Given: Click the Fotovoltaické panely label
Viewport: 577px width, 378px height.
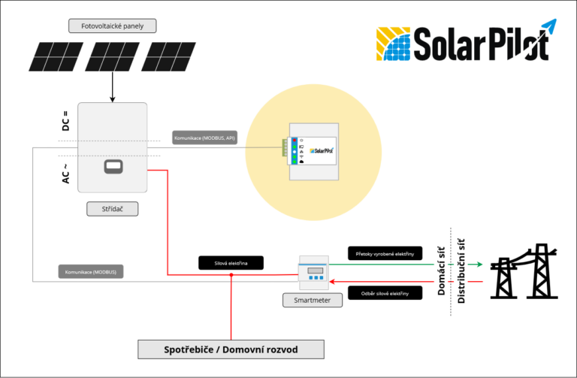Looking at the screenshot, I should click(112, 26).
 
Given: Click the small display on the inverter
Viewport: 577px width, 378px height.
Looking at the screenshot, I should click(113, 165).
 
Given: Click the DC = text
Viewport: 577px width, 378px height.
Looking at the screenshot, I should click(66, 121).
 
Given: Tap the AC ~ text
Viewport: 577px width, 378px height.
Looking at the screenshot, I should click(66, 171).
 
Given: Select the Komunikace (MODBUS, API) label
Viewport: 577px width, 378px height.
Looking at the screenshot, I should click(204, 139).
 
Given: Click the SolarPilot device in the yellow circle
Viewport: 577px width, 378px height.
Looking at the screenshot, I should click(310, 150).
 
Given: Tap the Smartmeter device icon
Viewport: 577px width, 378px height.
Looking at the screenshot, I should click(314, 274).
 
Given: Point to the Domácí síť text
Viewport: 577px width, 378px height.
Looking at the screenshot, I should click(441, 271).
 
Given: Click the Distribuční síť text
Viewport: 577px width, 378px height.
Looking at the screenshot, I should click(461, 271).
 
